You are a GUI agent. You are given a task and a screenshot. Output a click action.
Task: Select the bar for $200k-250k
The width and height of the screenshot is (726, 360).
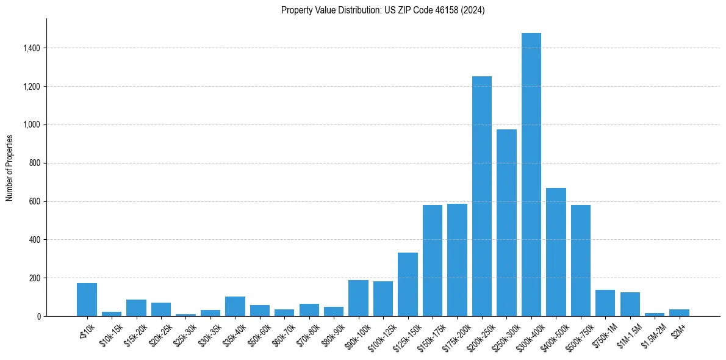point(481,196)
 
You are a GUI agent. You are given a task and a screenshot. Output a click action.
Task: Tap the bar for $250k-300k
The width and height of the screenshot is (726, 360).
point(506,223)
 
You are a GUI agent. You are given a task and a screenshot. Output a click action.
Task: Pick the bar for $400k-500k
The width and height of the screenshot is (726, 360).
point(556,252)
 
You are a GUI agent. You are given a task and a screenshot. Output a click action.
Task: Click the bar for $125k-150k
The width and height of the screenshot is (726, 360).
point(408,284)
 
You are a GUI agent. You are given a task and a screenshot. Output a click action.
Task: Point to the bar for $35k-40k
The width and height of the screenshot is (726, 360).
point(235,306)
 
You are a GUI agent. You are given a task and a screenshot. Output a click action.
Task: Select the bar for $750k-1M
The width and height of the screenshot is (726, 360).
point(605,303)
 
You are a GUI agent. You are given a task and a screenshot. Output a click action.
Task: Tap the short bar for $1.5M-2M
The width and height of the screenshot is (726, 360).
point(655,314)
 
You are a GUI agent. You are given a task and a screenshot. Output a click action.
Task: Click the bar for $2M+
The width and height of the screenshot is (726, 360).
point(679,312)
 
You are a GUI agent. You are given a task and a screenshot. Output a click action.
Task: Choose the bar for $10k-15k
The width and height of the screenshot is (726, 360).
point(112,314)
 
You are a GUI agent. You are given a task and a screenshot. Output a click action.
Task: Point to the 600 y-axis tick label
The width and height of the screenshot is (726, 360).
point(35,201)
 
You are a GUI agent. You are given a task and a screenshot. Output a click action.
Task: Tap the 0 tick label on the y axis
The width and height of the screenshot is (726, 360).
point(38,316)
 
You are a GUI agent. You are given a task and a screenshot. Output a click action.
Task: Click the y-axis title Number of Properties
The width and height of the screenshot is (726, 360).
point(10,167)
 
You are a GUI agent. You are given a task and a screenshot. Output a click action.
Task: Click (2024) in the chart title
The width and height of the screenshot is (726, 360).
point(473,10)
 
